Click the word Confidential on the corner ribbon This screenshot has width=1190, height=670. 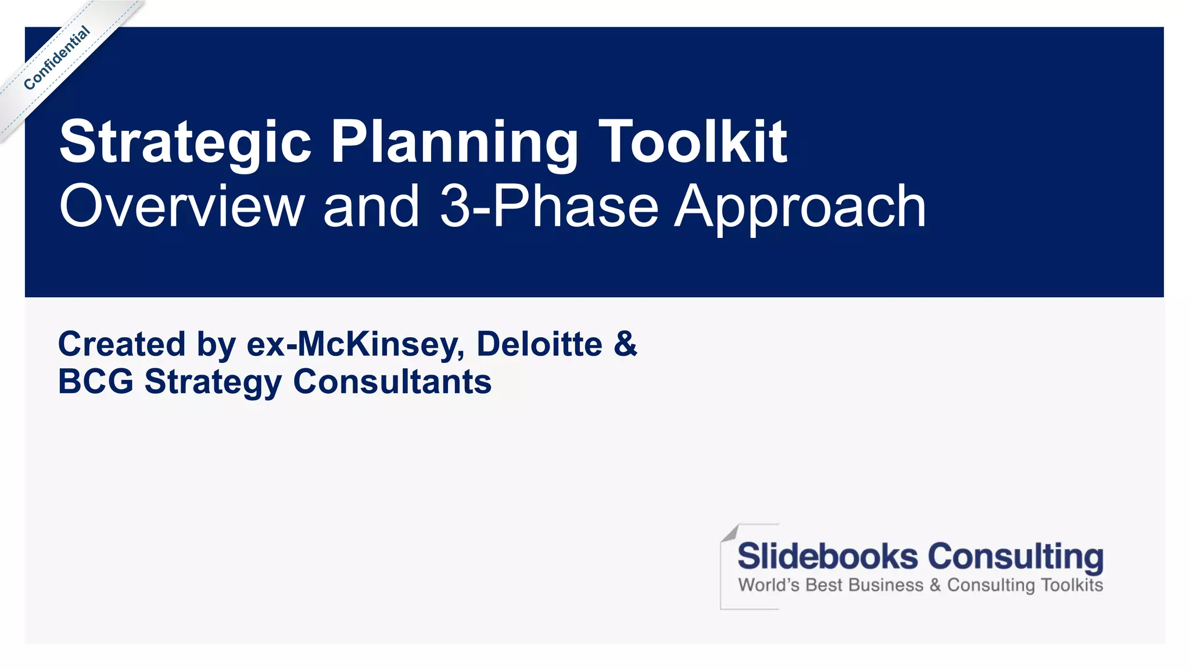[x=57, y=58]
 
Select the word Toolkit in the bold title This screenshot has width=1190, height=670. [x=693, y=141]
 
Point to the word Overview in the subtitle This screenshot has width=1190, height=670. [x=182, y=206]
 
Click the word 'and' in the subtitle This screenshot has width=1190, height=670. [x=371, y=206]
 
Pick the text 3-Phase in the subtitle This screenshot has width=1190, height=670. [x=549, y=206]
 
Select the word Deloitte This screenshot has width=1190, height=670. [x=539, y=344]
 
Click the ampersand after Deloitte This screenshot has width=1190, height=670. [x=625, y=344]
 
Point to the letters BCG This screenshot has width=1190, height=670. [x=96, y=382]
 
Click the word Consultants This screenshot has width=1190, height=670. [x=392, y=382]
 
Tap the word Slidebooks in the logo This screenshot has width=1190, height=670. [x=827, y=556]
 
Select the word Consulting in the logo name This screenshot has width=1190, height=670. [x=1015, y=557]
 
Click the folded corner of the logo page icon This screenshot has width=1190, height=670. [x=730, y=533]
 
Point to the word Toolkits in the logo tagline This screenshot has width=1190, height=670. [x=1071, y=585]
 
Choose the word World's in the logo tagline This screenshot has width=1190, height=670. [x=769, y=585]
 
